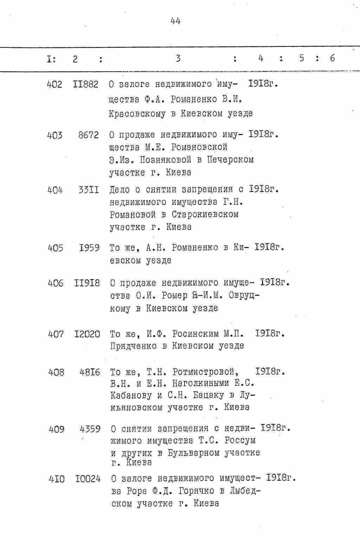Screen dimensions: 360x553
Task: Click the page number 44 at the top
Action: click(175, 21)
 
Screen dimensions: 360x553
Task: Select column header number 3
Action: click(178, 59)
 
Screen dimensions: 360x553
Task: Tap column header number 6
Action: click(333, 58)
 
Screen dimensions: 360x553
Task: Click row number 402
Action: click(54, 85)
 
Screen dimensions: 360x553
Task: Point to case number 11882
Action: click(86, 85)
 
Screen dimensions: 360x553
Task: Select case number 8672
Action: click(88, 135)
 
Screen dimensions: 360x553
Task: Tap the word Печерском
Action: click(230, 160)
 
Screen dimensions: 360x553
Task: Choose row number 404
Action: click(55, 190)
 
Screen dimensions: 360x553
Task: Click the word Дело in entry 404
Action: click(120, 190)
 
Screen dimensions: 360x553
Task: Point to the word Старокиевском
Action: click(205, 214)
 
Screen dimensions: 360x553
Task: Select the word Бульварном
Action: click(194, 453)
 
